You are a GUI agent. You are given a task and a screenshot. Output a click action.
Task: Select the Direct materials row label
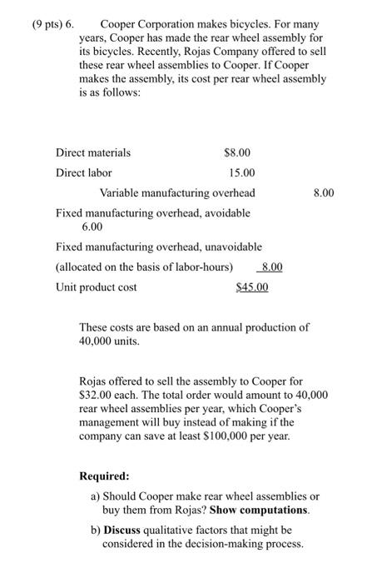pyautogui.click(x=92, y=152)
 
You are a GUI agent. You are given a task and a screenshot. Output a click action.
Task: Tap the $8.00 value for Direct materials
pyautogui.click(x=237, y=152)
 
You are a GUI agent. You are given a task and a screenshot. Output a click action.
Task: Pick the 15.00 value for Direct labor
pyautogui.click(x=242, y=172)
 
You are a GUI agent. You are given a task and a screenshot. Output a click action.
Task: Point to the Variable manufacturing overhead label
pyautogui.click(x=177, y=193)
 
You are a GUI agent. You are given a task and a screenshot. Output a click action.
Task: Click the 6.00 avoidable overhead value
pyautogui.click(x=92, y=226)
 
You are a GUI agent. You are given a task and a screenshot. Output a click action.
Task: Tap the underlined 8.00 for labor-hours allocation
pyautogui.click(x=272, y=267)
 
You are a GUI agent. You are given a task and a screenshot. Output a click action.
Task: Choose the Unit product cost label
pyautogui.click(x=96, y=287)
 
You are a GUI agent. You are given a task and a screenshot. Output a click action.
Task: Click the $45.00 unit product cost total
pyautogui.click(x=252, y=287)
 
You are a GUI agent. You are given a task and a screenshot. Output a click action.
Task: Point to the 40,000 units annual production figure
pyautogui.click(x=98, y=341)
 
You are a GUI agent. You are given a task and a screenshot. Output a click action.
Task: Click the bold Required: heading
pyautogui.click(x=104, y=476)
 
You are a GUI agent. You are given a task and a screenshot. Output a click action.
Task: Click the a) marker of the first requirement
pyautogui.click(x=95, y=496)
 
